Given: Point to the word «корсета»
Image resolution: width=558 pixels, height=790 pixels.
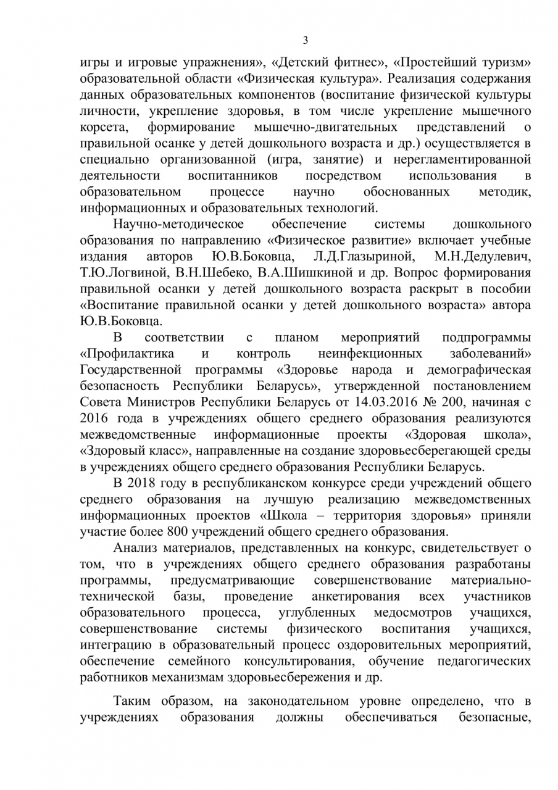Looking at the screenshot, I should coord(104,127).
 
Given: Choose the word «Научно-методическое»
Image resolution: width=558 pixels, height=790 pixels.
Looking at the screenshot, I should coord(179,223).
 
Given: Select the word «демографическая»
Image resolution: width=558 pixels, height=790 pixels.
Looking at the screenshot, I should coord(479,370).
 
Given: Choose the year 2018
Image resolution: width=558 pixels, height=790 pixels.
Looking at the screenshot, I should coord(145,483).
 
